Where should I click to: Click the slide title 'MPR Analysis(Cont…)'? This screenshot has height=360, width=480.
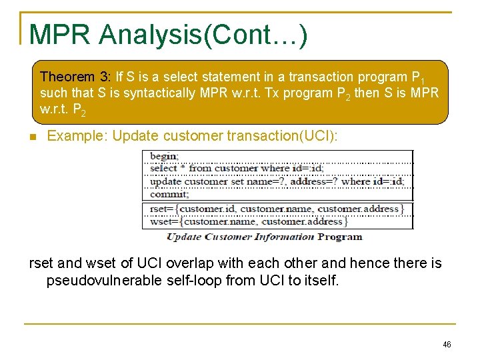pyautogui.click(x=168, y=35)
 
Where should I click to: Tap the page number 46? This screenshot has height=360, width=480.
pyautogui.click(x=447, y=344)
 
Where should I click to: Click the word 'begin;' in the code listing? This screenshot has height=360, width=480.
pyautogui.click(x=164, y=157)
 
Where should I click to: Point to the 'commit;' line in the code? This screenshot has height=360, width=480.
pyautogui.click(x=169, y=194)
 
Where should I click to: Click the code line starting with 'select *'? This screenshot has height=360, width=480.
pyautogui.click(x=237, y=169)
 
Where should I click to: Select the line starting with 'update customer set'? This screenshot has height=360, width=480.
pyautogui.click(x=277, y=181)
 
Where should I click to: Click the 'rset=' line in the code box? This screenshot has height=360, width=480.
pyautogui.click(x=277, y=209)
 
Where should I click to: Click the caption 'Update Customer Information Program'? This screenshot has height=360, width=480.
pyautogui.click(x=264, y=237)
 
